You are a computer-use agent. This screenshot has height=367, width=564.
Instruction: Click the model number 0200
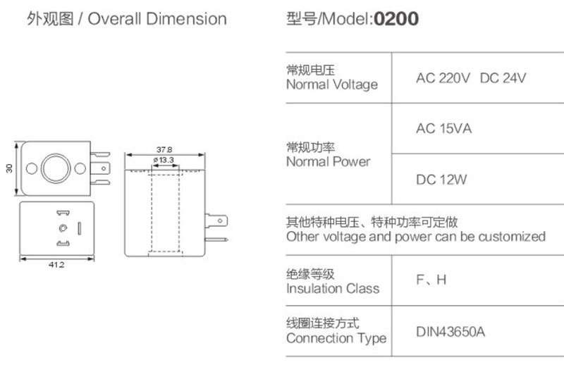[396, 18]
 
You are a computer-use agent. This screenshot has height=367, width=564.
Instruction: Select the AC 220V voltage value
[443, 77]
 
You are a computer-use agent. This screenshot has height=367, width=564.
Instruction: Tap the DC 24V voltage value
[503, 77]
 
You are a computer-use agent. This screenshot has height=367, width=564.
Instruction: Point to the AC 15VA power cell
[443, 129]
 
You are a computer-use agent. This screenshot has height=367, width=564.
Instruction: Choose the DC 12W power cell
[441, 180]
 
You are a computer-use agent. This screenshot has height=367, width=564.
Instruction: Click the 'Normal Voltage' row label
[331, 85]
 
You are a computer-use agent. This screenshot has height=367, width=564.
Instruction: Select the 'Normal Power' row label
[328, 161]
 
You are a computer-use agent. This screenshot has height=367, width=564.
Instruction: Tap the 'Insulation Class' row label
[332, 288]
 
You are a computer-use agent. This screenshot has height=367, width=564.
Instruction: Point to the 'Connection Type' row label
[336, 338]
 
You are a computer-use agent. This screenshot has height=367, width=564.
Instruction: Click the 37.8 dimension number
[164, 149]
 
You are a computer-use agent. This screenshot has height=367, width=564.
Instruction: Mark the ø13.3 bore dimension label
[164, 161]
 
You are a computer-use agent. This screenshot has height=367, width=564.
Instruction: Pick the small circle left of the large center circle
[31, 168]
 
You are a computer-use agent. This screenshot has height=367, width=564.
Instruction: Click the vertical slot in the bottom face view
[79, 228]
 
